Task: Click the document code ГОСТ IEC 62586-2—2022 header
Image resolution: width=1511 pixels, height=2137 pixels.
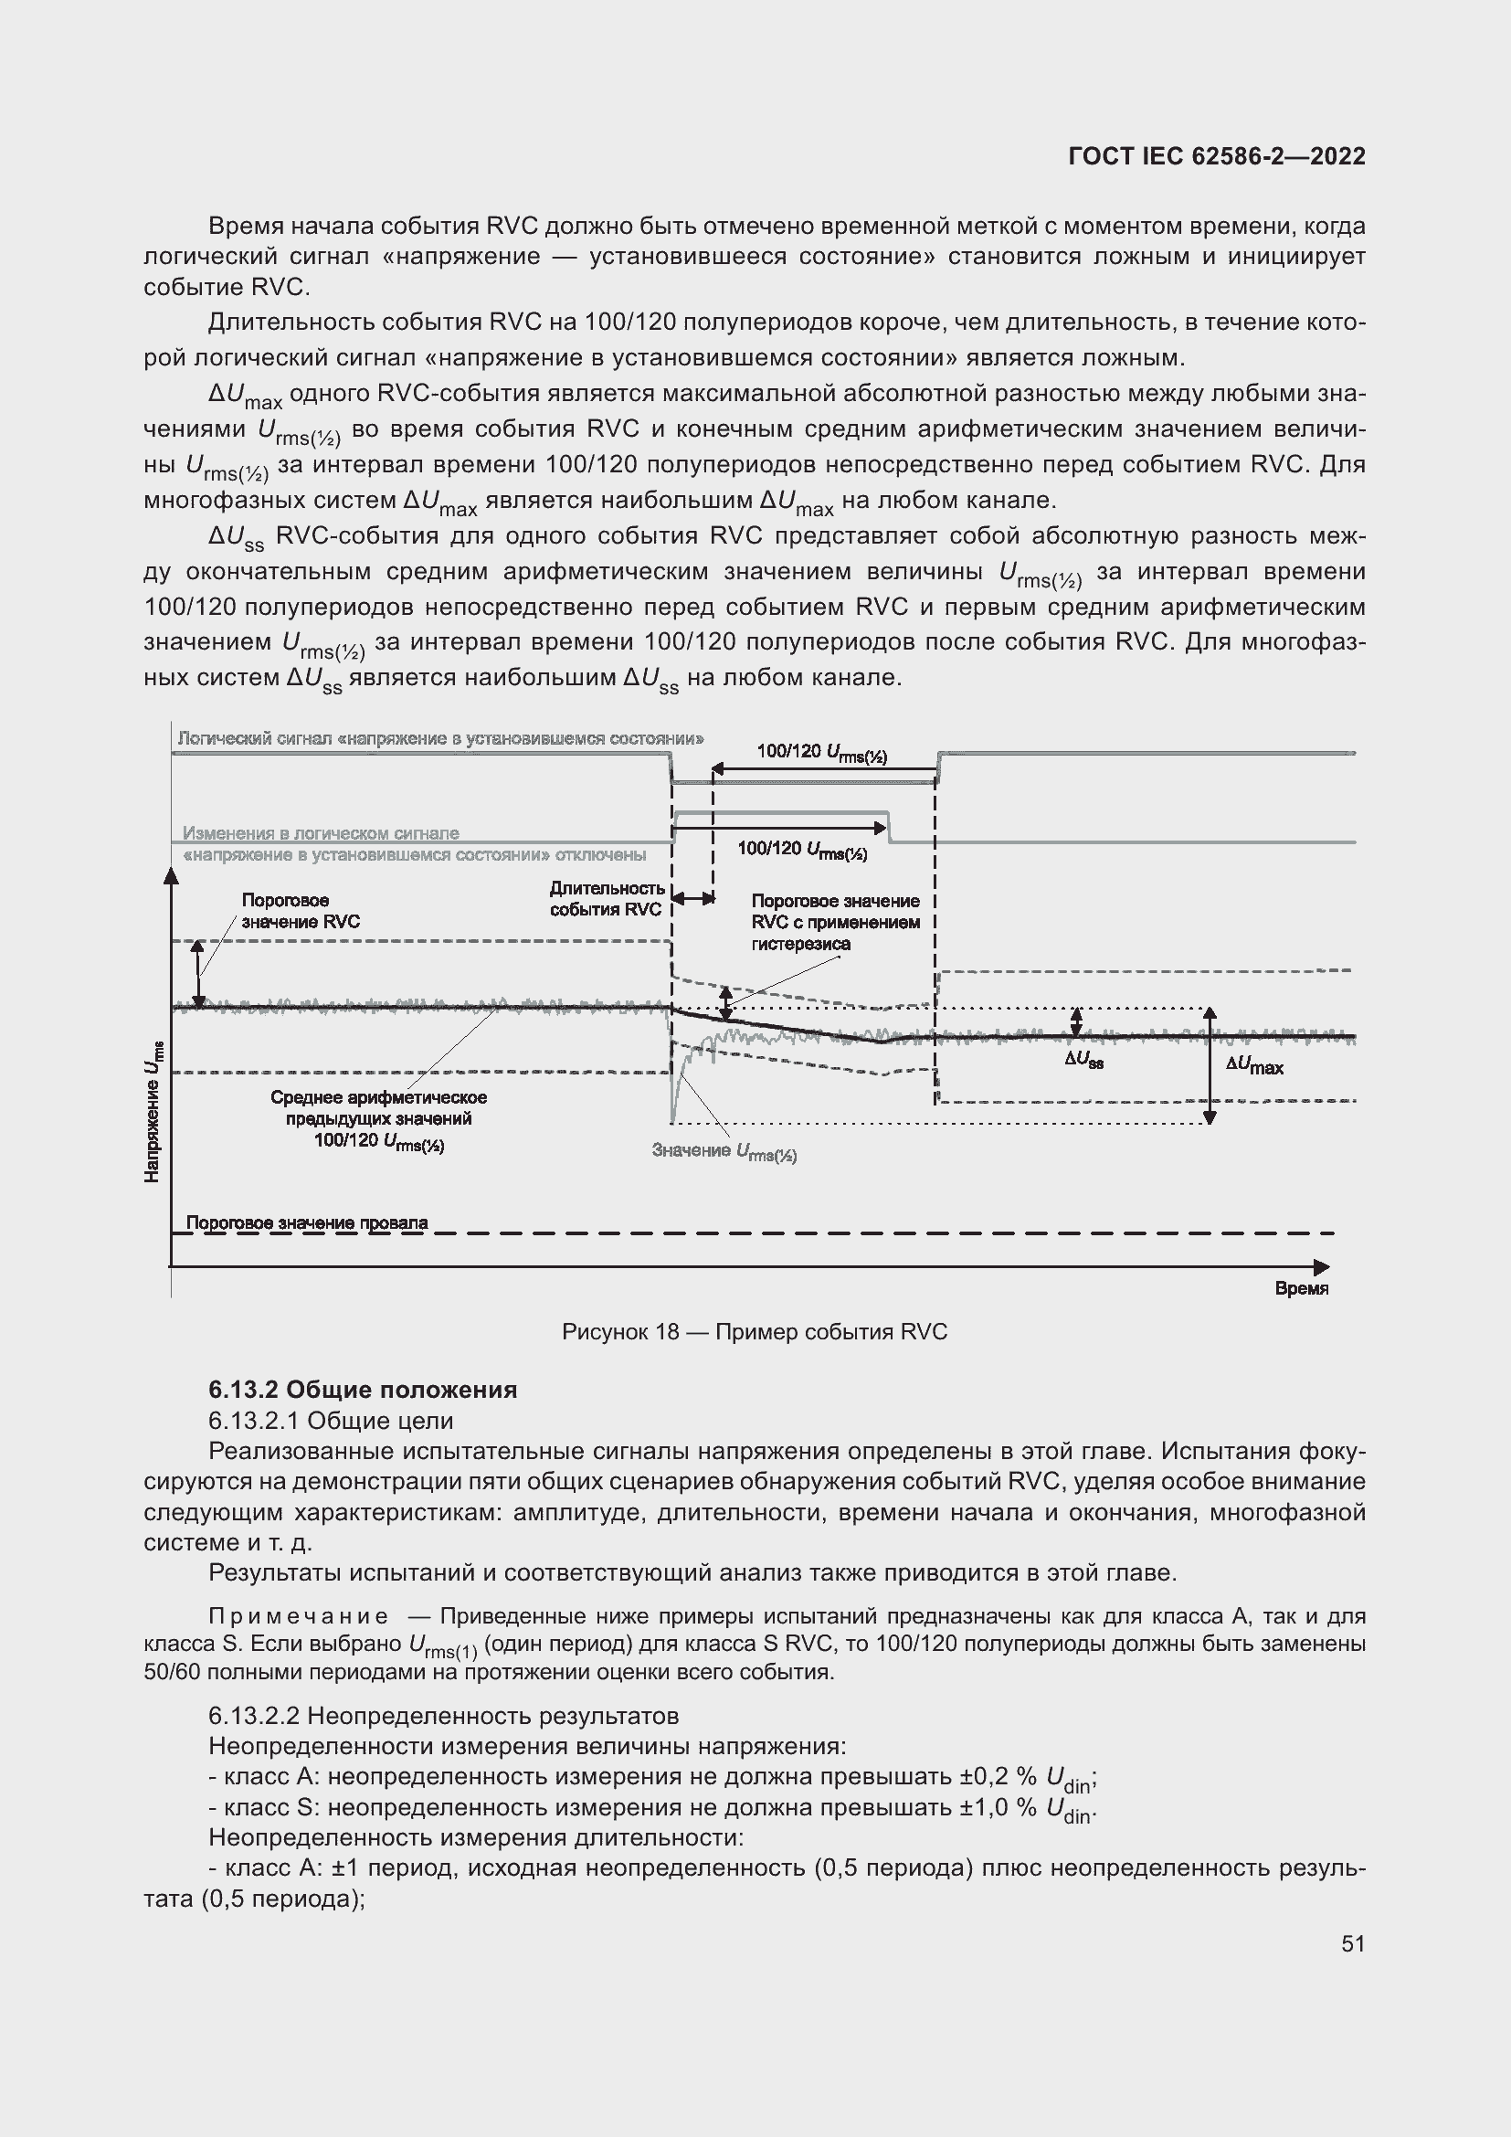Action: pyautogui.click(x=1217, y=156)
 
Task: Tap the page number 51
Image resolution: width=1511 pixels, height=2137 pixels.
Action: pyautogui.click(x=1353, y=1943)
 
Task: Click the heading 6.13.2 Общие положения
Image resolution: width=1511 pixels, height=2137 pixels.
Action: pyautogui.click(x=363, y=1390)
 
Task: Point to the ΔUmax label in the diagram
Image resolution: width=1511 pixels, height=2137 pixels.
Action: pyautogui.click(x=1254, y=1066)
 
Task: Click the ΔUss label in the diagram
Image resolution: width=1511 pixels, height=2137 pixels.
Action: pyautogui.click(x=1084, y=1060)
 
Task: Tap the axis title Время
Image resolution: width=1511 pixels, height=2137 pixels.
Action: pyautogui.click(x=1301, y=1288)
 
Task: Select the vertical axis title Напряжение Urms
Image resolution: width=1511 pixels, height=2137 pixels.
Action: pyautogui.click(x=153, y=1112)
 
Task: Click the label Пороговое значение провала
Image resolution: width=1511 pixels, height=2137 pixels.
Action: pyautogui.click(x=307, y=1223)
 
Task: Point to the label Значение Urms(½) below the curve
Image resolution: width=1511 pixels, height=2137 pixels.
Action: pyautogui.click(x=724, y=1152)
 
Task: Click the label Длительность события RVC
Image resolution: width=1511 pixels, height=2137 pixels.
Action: pyautogui.click(x=607, y=899)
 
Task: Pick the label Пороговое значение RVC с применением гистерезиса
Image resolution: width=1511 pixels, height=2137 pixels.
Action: pyautogui.click(x=836, y=923)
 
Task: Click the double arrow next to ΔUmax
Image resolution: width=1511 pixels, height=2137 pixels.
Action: pyautogui.click(x=1210, y=1065)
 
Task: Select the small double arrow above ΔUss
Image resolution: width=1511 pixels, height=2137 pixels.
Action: pyautogui.click(x=1076, y=1022)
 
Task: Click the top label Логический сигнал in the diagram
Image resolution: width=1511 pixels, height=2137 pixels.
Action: pyautogui.click(x=440, y=739)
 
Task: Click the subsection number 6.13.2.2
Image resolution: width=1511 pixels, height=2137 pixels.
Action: pyautogui.click(x=255, y=1716)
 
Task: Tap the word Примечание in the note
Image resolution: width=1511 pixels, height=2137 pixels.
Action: pyautogui.click(x=298, y=1616)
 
